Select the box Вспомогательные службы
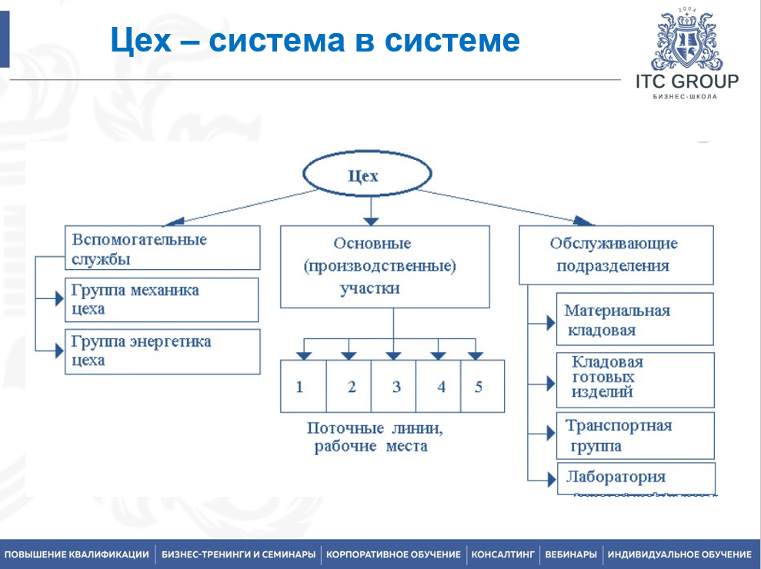(x=162, y=248)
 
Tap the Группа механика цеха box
(x=162, y=299)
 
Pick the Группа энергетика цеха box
(x=162, y=351)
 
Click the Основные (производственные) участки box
(x=384, y=266)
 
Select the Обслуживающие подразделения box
(x=616, y=255)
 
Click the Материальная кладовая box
(x=635, y=319)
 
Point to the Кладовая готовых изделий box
(x=635, y=378)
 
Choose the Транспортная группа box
(x=635, y=436)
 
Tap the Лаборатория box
(x=635, y=476)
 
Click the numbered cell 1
(x=300, y=387)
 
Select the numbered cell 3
(x=396, y=387)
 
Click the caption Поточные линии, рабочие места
(x=375, y=437)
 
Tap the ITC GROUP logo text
(x=686, y=82)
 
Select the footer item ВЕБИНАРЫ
(x=571, y=554)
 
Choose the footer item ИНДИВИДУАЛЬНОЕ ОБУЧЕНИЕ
(x=679, y=554)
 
